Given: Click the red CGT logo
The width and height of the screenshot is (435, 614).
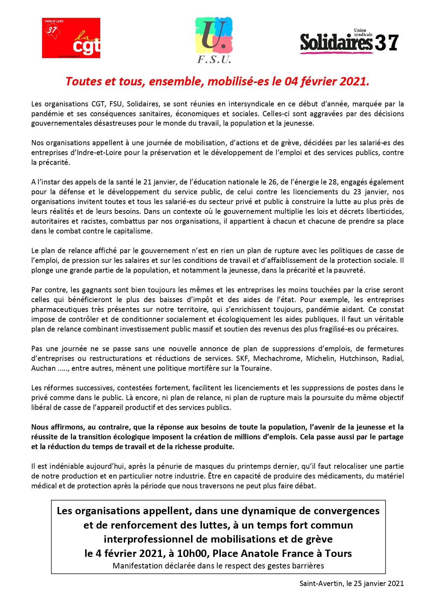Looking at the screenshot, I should (71, 38).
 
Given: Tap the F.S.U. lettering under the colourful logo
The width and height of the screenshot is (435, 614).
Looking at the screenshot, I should (214, 60).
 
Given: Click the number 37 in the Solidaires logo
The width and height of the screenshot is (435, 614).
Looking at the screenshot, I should (387, 43).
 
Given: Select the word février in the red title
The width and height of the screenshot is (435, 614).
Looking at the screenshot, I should (319, 82).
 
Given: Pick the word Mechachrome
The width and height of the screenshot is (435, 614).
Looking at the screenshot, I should (277, 358).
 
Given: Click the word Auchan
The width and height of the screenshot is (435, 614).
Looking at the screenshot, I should (43, 368).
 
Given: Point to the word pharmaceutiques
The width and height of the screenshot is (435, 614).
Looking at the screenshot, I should (60, 309).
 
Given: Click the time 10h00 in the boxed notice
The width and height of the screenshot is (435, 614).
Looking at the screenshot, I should (193, 553).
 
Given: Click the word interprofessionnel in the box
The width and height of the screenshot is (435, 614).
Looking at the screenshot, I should (153, 539).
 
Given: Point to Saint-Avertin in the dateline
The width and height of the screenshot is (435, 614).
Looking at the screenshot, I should (321, 584).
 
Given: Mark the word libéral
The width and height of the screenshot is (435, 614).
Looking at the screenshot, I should (42, 407).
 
